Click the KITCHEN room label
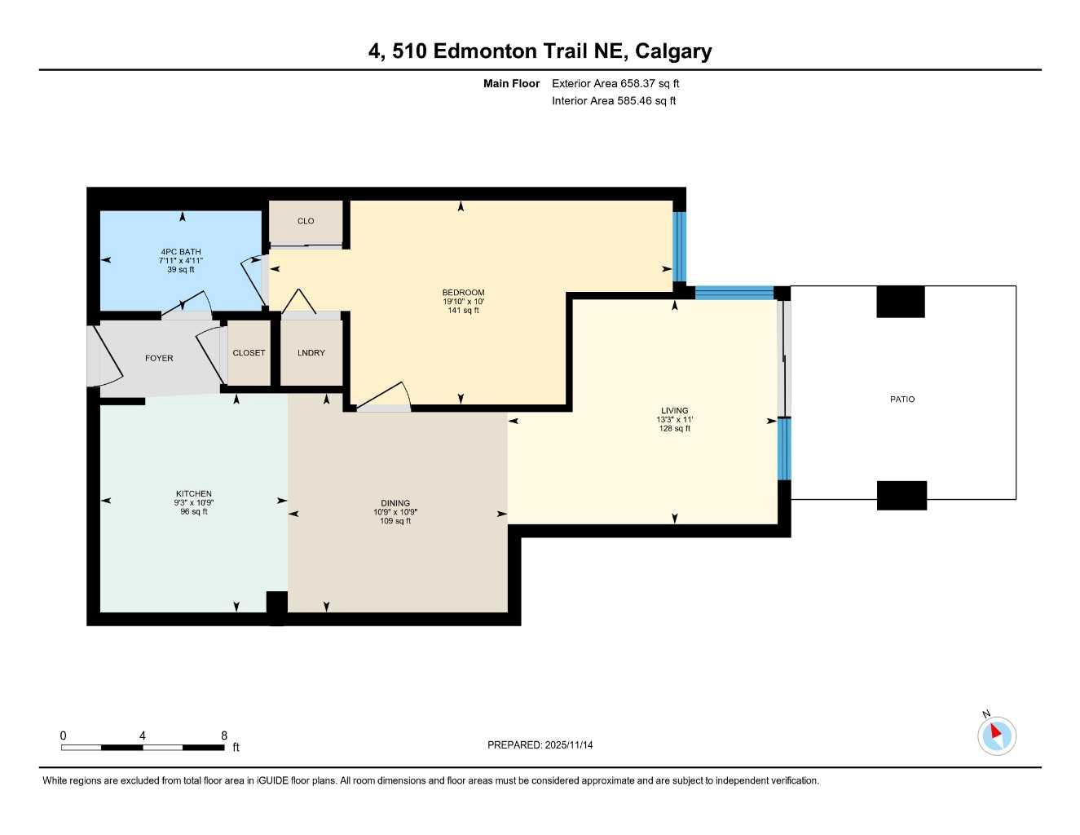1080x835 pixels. pyautogui.click(x=194, y=493)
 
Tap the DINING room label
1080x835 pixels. pyautogui.click(x=395, y=503)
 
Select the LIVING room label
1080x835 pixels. pyautogui.click(x=674, y=411)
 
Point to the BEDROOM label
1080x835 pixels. pyautogui.click(x=463, y=293)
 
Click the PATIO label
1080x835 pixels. pyautogui.click(x=901, y=400)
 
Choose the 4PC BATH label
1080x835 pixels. pyautogui.click(x=180, y=252)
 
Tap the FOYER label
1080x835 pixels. pyautogui.click(x=159, y=358)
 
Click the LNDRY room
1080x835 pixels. pyautogui.click(x=311, y=353)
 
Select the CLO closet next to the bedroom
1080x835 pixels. pyautogui.click(x=306, y=221)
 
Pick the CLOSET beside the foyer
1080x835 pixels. pyautogui.click(x=249, y=353)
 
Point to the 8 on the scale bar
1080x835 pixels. pyautogui.click(x=224, y=736)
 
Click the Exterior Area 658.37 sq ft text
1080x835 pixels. pyautogui.click(x=615, y=83)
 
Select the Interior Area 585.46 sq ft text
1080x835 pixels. pyautogui.click(x=614, y=101)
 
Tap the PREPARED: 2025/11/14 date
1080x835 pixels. pyautogui.click(x=540, y=745)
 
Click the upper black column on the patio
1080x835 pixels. pyautogui.click(x=900, y=302)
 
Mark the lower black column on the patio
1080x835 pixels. pyautogui.click(x=901, y=495)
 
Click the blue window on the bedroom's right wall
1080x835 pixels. pyautogui.click(x=679, y=247)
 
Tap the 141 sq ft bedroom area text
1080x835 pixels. pyautogui.click(x=463, y=311)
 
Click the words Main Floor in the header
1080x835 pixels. pyautogui.click(x=511, y=83)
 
